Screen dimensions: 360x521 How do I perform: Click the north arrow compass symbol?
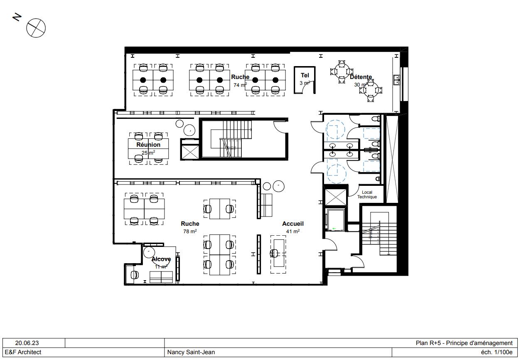coord(36,28)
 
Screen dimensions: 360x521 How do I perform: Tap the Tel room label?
coord(305,75)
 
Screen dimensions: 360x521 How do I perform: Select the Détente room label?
coord(361,77)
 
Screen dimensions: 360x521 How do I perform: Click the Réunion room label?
coord(148,145)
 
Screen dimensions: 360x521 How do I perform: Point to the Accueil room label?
coord(293,224)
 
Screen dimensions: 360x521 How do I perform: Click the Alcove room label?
coord(161,259)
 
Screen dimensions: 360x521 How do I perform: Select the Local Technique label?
coord(367,195)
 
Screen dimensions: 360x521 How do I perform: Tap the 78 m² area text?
coord(190,231)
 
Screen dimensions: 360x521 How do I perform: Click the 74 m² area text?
coord(240,85)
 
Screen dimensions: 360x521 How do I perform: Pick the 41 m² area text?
coord(293,231)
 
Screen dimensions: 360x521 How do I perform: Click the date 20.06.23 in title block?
coord(27,343)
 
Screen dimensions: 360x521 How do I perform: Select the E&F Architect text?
coord(23,352)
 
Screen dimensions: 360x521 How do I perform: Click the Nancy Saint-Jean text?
coord(191,352)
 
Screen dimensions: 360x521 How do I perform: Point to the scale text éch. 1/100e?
coord(496,352)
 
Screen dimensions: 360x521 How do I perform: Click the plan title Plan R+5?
coord(464,343)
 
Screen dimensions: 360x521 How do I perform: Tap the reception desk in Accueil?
coord(278,254)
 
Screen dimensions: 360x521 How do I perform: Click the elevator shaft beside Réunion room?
coord(190,151)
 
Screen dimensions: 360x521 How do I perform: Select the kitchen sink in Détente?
coord(396,79)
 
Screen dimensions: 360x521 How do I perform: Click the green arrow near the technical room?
coord(334,228)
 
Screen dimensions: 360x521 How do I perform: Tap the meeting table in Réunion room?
coord(148,149)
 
